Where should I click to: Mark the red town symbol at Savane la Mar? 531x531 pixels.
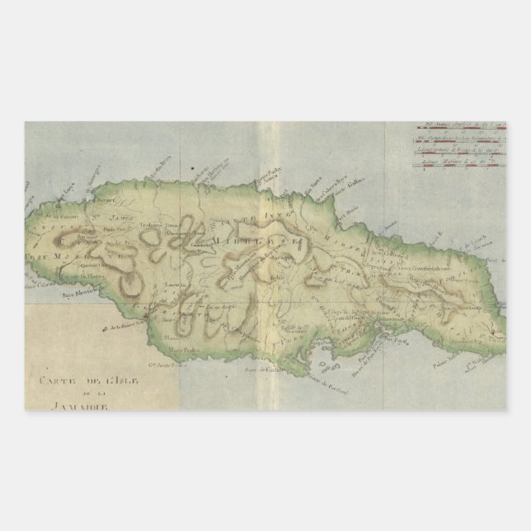tap(146, 317)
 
